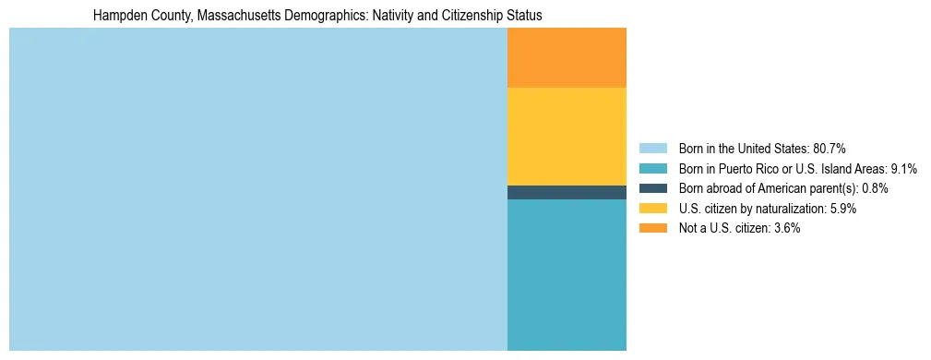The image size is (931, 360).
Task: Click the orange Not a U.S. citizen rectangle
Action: point(567,57)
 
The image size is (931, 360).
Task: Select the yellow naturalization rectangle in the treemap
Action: point(567,136)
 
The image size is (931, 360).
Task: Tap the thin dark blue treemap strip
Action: point(567,192)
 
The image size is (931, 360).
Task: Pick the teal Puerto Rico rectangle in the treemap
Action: point(567,274)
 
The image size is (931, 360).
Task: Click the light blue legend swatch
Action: point(652,149)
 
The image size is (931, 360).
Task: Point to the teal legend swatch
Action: point(652,169)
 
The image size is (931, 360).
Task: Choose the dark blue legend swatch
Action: point(652,188)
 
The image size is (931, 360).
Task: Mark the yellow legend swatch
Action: point(652,209)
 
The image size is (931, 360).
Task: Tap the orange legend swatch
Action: point(652,228)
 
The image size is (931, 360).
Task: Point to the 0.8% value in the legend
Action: point(875,188)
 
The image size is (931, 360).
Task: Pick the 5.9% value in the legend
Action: point(842,209)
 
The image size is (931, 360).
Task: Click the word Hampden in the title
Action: point(117,16)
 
